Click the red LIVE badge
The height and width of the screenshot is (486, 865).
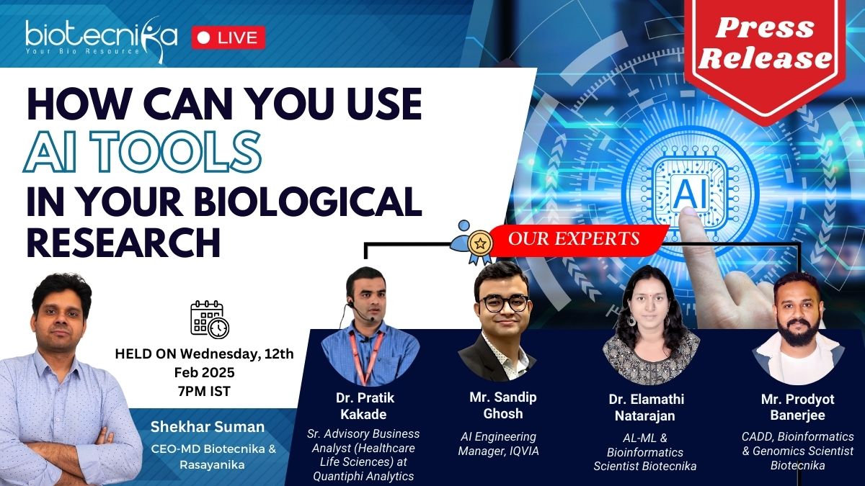[229, 37]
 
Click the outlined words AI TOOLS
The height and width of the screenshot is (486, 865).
[142, 152]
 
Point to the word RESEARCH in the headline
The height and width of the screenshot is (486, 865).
[123, 242]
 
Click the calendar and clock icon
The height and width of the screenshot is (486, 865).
[210, 320]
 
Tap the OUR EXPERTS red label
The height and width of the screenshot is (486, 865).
[574, 239]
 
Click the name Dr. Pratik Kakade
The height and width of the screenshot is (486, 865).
[364, 406]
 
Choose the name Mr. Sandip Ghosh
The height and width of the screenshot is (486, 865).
[503, 405]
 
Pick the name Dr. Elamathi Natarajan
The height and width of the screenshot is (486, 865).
[646, 408]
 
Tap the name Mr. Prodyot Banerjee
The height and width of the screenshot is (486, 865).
[797, 407]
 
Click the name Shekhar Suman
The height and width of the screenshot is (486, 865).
[208, 427]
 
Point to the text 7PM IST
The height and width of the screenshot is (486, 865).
[204, 391]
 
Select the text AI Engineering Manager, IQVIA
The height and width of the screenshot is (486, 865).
[499, 444]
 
